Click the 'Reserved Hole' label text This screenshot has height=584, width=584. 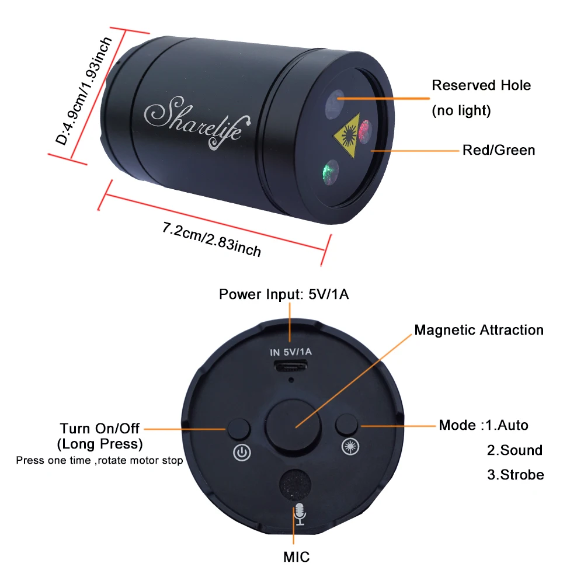point(481,85)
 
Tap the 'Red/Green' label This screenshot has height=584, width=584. point(498,150)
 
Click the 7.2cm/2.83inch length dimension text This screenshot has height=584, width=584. point(211,239)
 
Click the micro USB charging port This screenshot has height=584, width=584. point(290,367)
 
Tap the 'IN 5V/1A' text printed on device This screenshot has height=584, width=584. point(290,352)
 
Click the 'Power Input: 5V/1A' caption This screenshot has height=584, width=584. point(284,294)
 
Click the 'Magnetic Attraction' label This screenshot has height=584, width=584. point(479,330)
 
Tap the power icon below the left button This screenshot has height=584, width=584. point(241,453)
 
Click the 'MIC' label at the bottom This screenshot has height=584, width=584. point(297,557)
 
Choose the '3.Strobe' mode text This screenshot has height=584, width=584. point(515,475)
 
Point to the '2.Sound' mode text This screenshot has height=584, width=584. point(515,450)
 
